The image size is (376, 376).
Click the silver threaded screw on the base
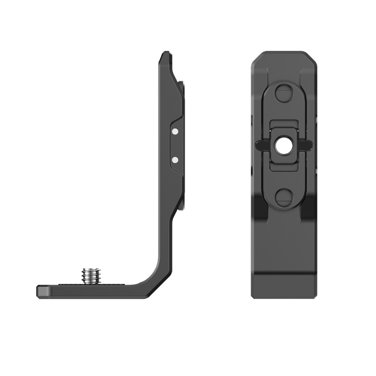click(x=89, y=275)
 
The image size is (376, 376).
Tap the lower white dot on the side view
click(x=175, y=160)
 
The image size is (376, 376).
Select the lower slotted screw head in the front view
click(x=283, y=196)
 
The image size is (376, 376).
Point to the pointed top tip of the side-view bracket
click(x=163, y=55)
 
